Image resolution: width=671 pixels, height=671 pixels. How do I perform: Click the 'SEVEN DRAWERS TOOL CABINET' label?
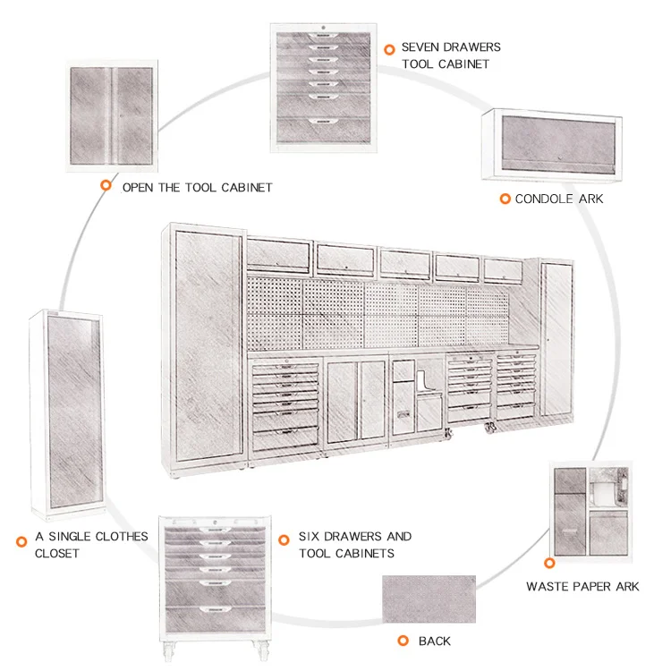[450, 55]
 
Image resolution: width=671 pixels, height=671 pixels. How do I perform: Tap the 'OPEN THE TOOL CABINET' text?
[197, 187]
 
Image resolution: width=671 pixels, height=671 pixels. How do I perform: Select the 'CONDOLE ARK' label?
[558, 198]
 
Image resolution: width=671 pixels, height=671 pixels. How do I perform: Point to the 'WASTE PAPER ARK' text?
[582, 587]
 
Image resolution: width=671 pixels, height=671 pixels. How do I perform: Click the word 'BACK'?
[434, 641]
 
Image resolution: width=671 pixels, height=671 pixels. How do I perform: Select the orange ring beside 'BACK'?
[401, 641]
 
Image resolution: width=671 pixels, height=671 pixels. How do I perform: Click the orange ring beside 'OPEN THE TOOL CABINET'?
[106, 186]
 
